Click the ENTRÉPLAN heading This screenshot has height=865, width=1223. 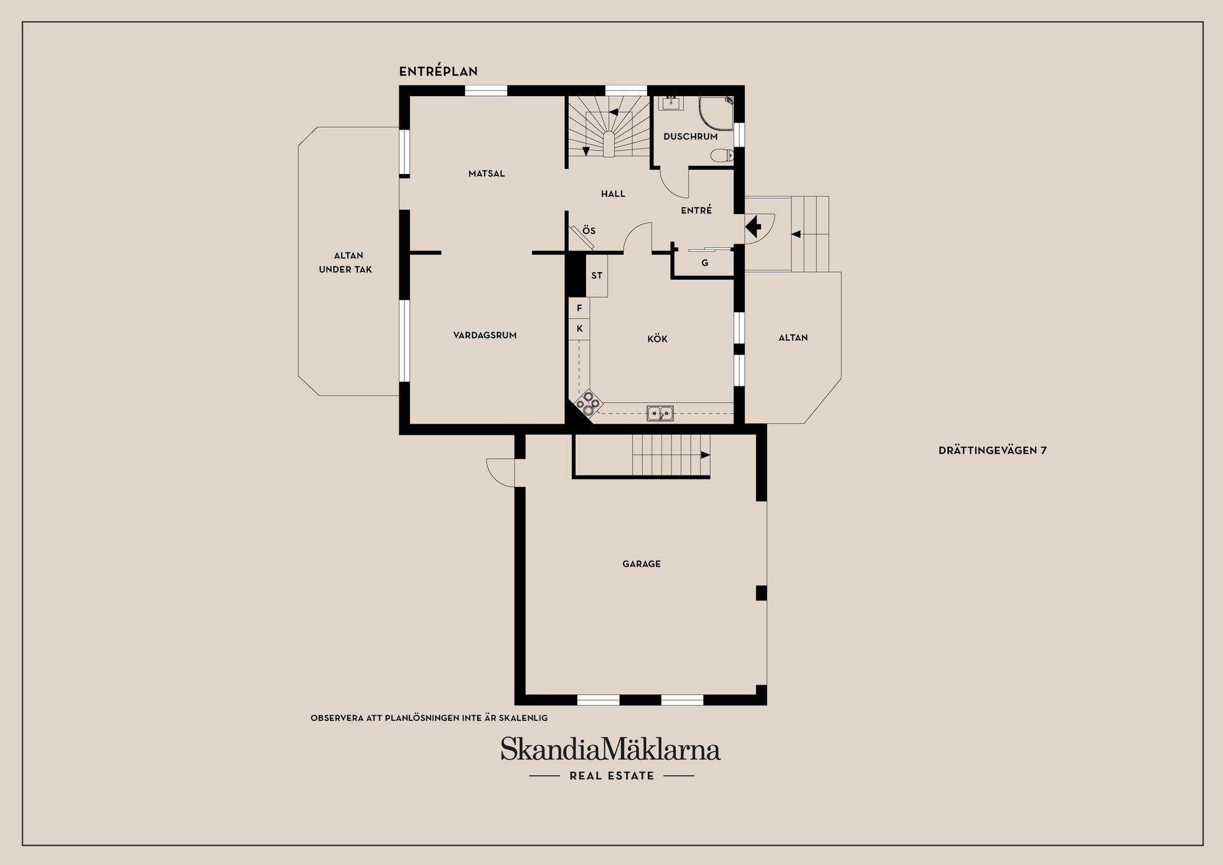[x=438, y=71]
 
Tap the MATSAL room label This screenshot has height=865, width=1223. [x=487, y=173]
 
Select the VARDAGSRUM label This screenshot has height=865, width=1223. [x=485, y=335]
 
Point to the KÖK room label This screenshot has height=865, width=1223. [x=657, y=338]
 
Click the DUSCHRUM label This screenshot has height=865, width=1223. [x=690, y=136]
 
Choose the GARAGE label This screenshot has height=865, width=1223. [x=641, y=564]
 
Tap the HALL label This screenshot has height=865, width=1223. [x=613, y=194]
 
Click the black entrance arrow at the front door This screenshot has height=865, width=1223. [x=754, y=226]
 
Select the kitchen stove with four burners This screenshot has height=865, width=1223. [x=589, y=402]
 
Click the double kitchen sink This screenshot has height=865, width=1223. [x=661, y=413]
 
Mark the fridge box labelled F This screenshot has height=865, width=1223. [x=579, y=308]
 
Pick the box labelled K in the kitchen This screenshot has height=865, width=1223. [x=579, y=329]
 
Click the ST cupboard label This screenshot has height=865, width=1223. [x=597, y=276]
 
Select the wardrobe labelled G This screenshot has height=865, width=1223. [x=704, y=263]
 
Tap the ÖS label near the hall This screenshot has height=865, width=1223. [x=589, y=230]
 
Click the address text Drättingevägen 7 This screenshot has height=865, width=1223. [x=992, y=450]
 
